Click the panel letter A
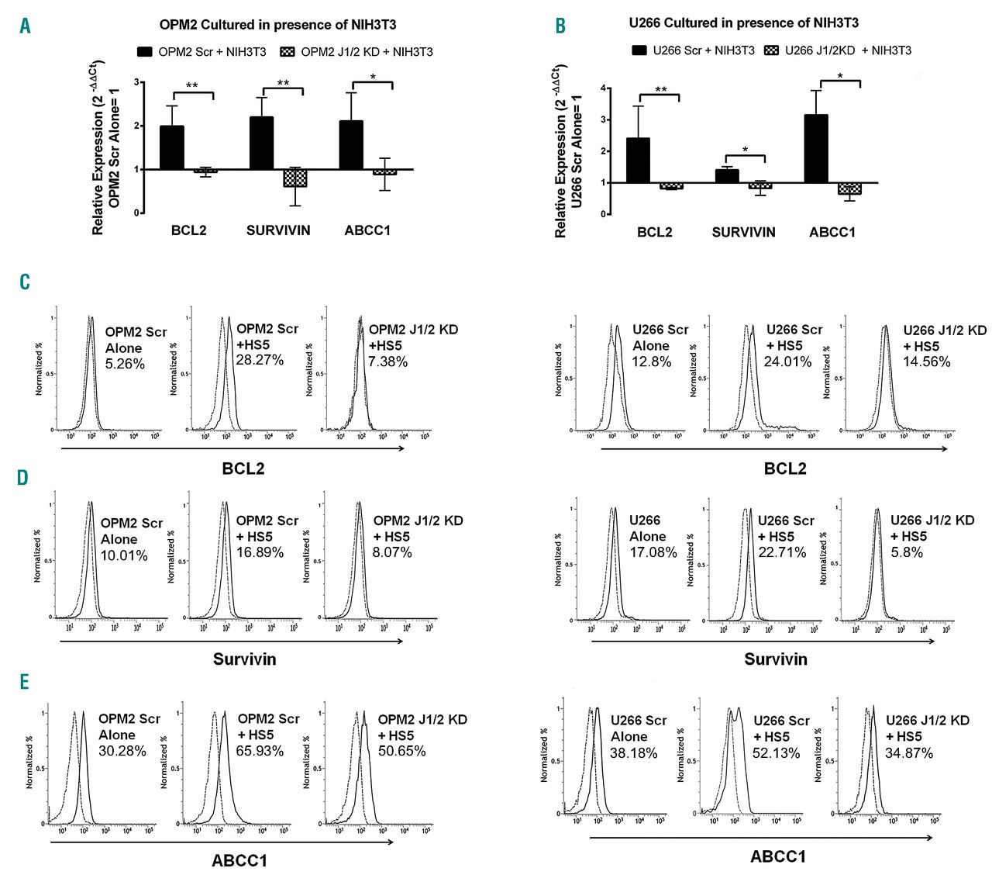point(26,26)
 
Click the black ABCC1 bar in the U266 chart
point(816,148)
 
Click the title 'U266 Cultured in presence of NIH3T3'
point(743,23)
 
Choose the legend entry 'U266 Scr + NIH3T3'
point(693,50)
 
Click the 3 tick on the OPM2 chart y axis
point(137,82)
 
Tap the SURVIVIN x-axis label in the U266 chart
point(743,232)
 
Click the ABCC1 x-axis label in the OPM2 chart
point(367,230)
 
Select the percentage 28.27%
point(260,360)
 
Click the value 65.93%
point(260,751)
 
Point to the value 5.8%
point(907,552)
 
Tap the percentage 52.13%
point(776,753)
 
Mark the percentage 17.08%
point(653,552)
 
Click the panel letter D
point(23,476)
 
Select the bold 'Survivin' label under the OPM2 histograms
point(244,659)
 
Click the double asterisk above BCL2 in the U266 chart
point(660,90)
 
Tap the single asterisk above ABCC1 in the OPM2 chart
point(373,78)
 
